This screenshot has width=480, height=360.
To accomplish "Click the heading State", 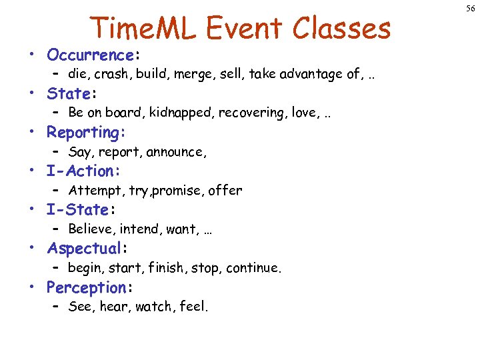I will pos(69,93).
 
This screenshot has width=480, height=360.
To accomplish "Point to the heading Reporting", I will pos(83,133).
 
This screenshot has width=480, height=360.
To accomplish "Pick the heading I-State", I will pos(78,210).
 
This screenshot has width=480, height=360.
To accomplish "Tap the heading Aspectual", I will pos(84,249).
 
